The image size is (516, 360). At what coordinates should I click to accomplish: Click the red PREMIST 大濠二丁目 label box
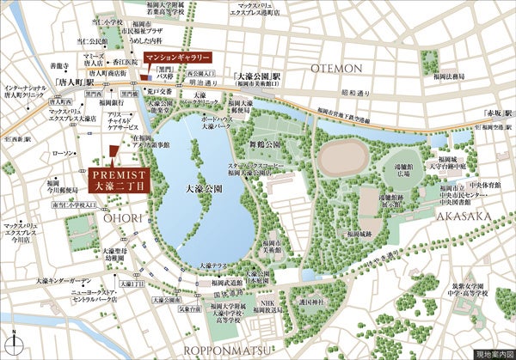119,179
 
